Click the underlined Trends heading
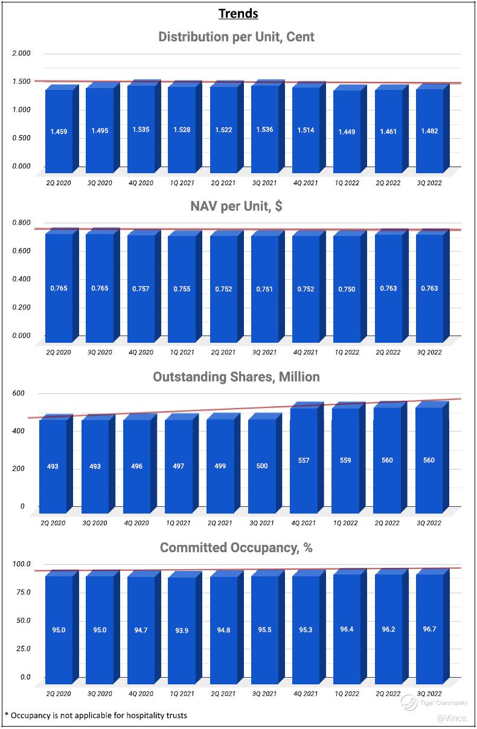(x=238, y=13)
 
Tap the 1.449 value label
(x=347, y=131)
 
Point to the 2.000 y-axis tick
(x=21, y=53)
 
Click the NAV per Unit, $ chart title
(x=236, y=206)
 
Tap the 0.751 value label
(x=264, y=289)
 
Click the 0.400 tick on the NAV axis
(x=21, y=279)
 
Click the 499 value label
(x=220, y=466)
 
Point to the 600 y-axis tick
(x=19, y=393)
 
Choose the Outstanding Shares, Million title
(x=236, y=377)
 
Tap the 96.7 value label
(x=429, y=629)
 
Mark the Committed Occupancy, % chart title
(x=236, y=548)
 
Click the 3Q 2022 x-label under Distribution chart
(x=429, y=183)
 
